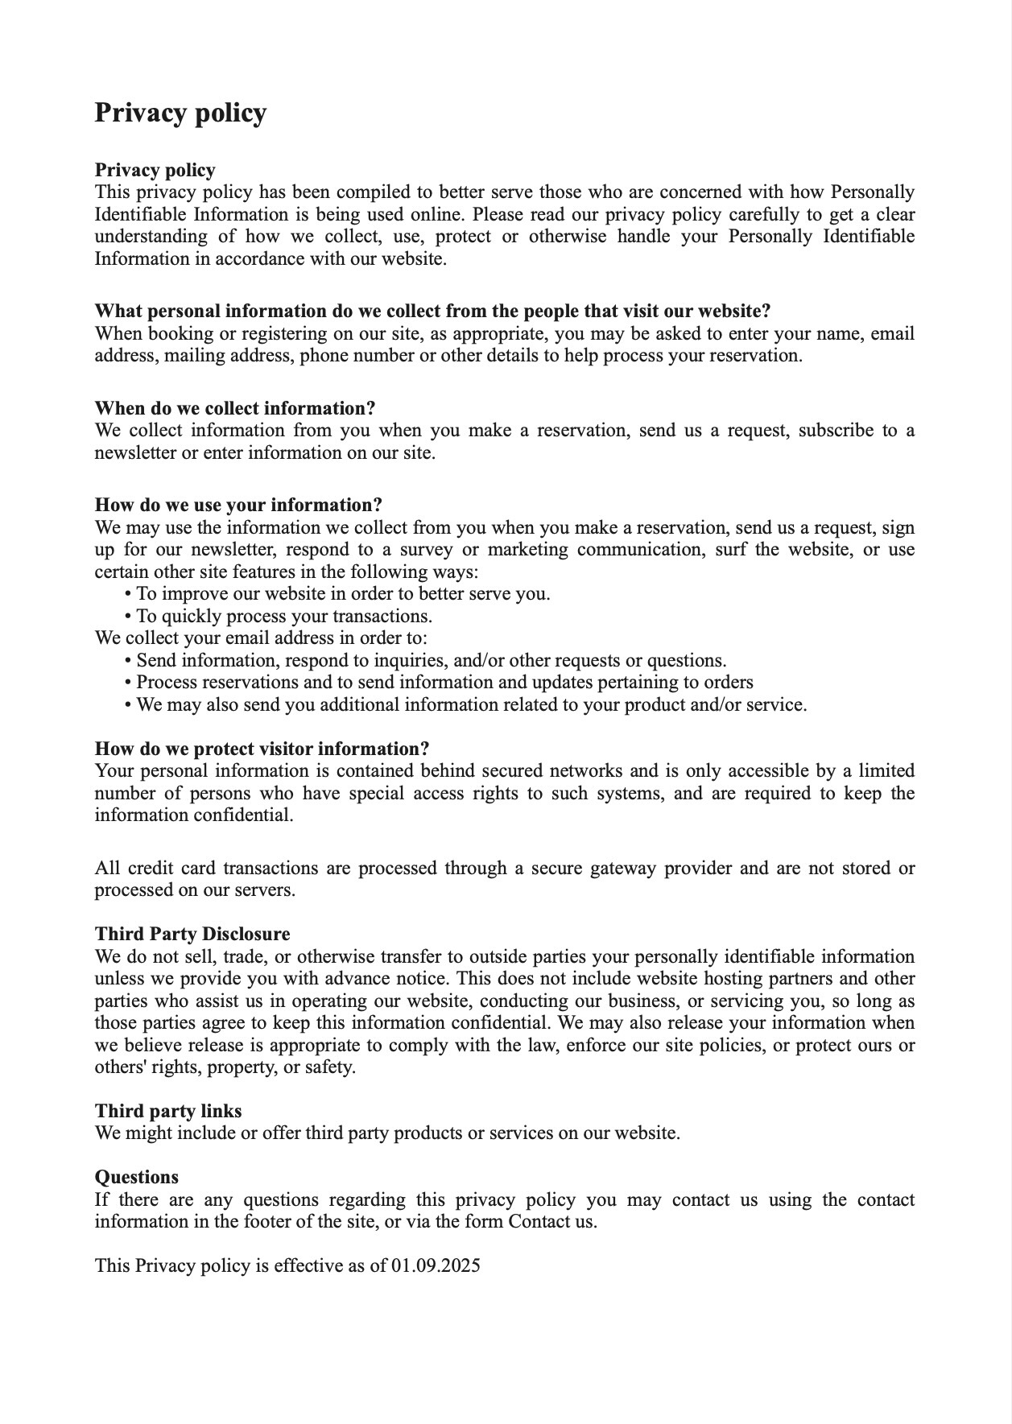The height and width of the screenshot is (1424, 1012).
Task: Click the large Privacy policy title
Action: [180, 113]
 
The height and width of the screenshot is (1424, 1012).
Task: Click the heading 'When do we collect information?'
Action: [235, 408]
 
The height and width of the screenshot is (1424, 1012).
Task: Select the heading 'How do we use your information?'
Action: [238, 505]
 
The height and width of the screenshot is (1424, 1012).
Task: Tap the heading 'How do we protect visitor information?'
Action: [262, 749]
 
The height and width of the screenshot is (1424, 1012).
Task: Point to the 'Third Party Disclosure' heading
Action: [192, 934]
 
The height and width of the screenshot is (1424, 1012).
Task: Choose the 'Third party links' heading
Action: [168, 1111]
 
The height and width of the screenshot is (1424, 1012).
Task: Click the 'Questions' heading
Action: [137, 1177]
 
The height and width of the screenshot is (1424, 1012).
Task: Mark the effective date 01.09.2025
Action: [436, 1265]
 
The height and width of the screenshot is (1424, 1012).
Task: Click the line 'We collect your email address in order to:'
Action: [261, 638]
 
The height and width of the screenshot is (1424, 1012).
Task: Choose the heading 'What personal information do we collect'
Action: [432, 311]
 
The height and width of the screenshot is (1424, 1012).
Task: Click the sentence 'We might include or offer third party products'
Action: [387, 1133]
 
